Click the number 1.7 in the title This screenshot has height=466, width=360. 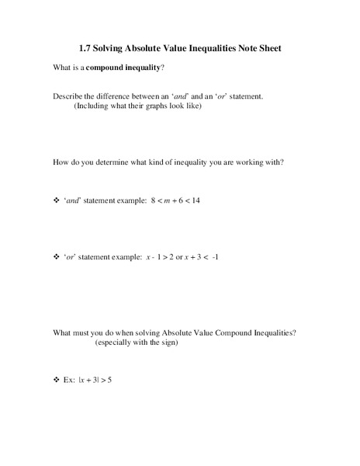[x=85, y=47]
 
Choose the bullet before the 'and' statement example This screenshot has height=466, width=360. [x=56, y=200]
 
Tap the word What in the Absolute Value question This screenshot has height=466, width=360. [x=63, y=332]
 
